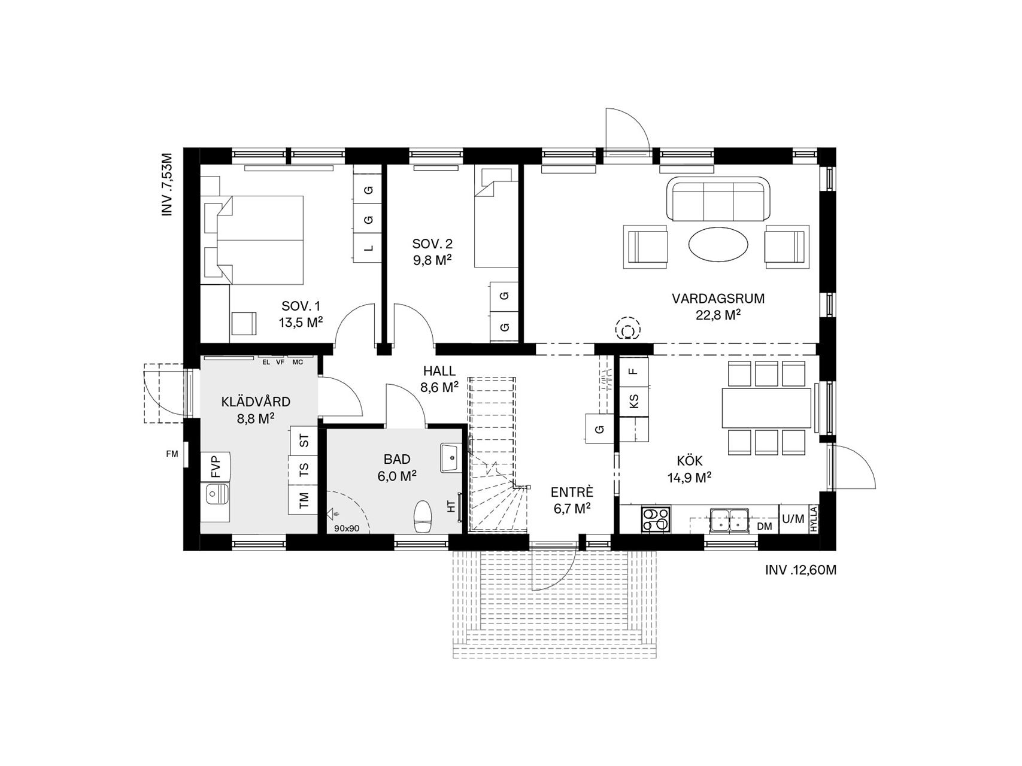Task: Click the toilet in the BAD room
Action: (x=423, y=516)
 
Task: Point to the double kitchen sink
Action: (x=730, y=519)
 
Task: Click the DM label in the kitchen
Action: (x=765, y=527)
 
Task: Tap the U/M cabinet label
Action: (x=793, y=519)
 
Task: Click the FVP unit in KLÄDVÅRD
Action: (x=216, y=467)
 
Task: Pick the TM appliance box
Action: (x=304, y=499)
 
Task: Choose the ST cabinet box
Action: (x=304, y=441)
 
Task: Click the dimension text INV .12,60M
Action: (x=800, y=570)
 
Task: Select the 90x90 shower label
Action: (x=347, y=528)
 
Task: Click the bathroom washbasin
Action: (x=451, y=458)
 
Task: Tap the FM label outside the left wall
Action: (x=172, y=454)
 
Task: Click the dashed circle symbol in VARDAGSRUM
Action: (x=628, y=329)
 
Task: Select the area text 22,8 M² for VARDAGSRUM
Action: (x=718, y=315)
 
